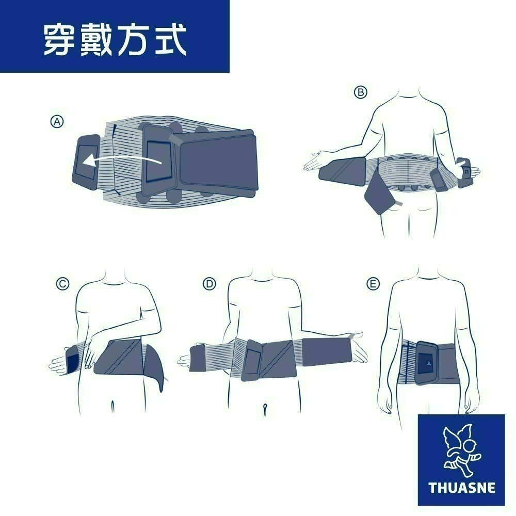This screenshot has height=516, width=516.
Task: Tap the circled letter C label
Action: pos(62,283)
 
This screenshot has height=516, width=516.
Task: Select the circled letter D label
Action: pos(208,283)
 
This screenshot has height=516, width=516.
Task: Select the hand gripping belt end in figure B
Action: pos(467,170)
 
